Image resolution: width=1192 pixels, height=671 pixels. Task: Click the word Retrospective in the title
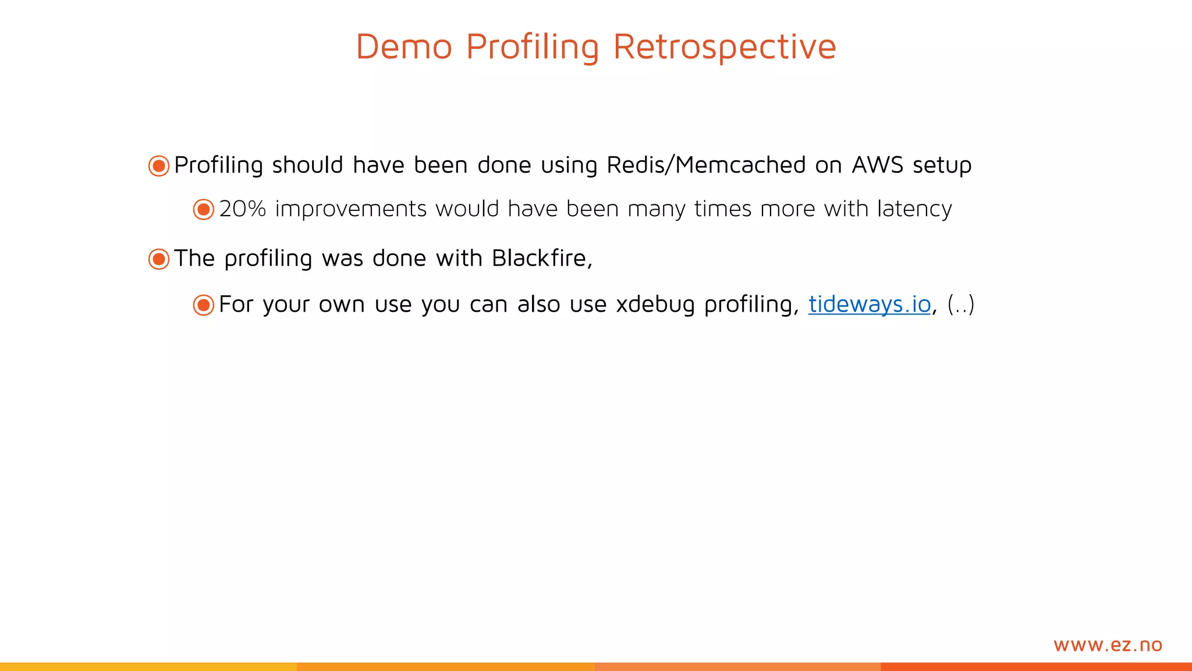point(725,47)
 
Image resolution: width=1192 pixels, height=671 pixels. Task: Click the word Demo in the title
point(404,47)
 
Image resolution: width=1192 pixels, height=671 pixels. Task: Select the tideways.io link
point(870,304)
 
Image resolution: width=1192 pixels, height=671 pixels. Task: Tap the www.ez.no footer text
point(1108,645)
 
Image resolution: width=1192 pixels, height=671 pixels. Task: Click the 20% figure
point(242,209)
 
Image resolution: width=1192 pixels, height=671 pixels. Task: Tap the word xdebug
point(655,304)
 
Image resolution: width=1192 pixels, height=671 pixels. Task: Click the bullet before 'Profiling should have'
point(159,165)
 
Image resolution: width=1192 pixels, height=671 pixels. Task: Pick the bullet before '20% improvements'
point(204,209)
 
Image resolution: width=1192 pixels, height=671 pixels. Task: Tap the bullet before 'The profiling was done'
point(159,259)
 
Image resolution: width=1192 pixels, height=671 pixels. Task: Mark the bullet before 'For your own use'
point(204,305)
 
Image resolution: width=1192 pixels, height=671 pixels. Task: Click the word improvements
point(351,209)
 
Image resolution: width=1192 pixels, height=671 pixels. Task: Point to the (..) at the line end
point(960,304)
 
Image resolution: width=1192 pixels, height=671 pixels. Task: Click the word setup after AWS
point(942,165)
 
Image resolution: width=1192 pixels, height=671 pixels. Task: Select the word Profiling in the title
point(532,47)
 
